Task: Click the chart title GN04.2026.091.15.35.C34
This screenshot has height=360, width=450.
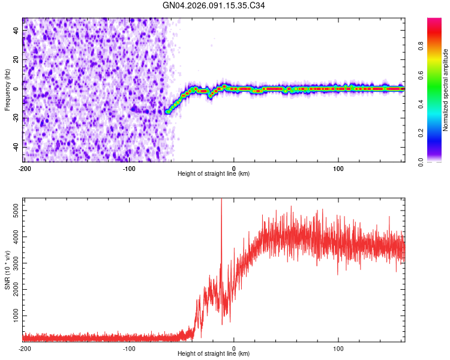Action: [x=214, y=6]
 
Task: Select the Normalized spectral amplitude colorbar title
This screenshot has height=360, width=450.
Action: [x=446, y=90]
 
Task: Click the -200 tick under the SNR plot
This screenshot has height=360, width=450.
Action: [x=25, y=348]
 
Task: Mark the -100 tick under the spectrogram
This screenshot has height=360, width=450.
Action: [x=129, y=168]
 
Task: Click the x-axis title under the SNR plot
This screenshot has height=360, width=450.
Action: [x=214, y=354]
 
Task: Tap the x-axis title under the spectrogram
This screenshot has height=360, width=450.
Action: [x=214, y=174]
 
